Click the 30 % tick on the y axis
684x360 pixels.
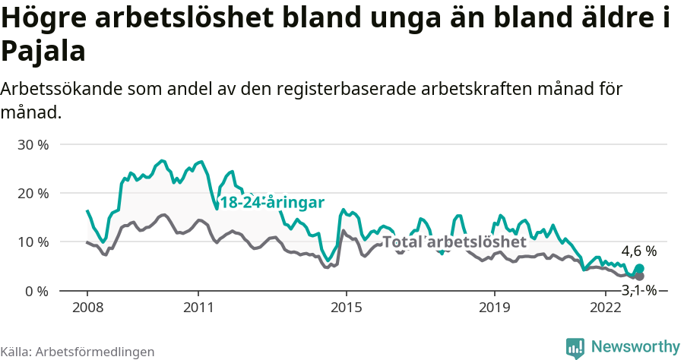[33, 144]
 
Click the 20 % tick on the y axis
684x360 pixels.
[33, 193]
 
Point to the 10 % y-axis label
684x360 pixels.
[33, 242]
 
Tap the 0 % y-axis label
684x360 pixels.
[36, 291]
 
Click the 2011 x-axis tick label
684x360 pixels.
[198, 308]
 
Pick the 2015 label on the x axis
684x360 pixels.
[347, 308]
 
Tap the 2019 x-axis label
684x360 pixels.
[495, 308]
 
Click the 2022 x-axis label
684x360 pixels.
[606, 308]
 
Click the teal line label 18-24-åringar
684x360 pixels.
[272, 202]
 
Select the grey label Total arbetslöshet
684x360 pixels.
[454, 242]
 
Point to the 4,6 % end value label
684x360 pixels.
[638, 251]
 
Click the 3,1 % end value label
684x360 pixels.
[638, 289]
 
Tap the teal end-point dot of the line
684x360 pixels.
[639, 269]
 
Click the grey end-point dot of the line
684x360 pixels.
[639, 276]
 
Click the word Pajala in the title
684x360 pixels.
[43, 52]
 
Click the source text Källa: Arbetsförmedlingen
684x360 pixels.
[78, 352]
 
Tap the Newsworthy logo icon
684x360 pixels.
[575, 347]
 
